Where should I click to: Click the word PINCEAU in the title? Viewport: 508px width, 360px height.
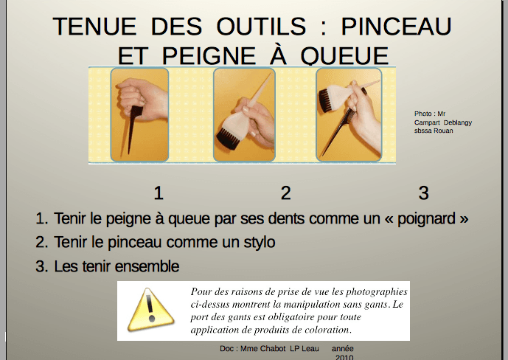click(396, 27)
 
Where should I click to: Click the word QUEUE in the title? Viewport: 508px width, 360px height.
click(344, 56)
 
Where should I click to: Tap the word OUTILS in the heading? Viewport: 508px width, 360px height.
click(261, 27)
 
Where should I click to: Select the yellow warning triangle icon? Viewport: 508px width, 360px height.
click(150, 310)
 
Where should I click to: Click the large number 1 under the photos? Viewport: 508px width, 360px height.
click(158, 193)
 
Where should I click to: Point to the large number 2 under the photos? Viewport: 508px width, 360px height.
click(285, 193)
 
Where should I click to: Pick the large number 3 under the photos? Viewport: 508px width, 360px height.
click(423, 193)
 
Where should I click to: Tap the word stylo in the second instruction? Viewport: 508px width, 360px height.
click(260, 243)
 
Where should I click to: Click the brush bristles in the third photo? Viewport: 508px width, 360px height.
click(326, 100)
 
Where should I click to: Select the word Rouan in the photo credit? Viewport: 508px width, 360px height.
click(443, 131)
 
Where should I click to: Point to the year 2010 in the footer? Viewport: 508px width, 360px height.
click(344, 357)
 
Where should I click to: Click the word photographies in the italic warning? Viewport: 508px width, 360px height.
click(377, 292)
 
